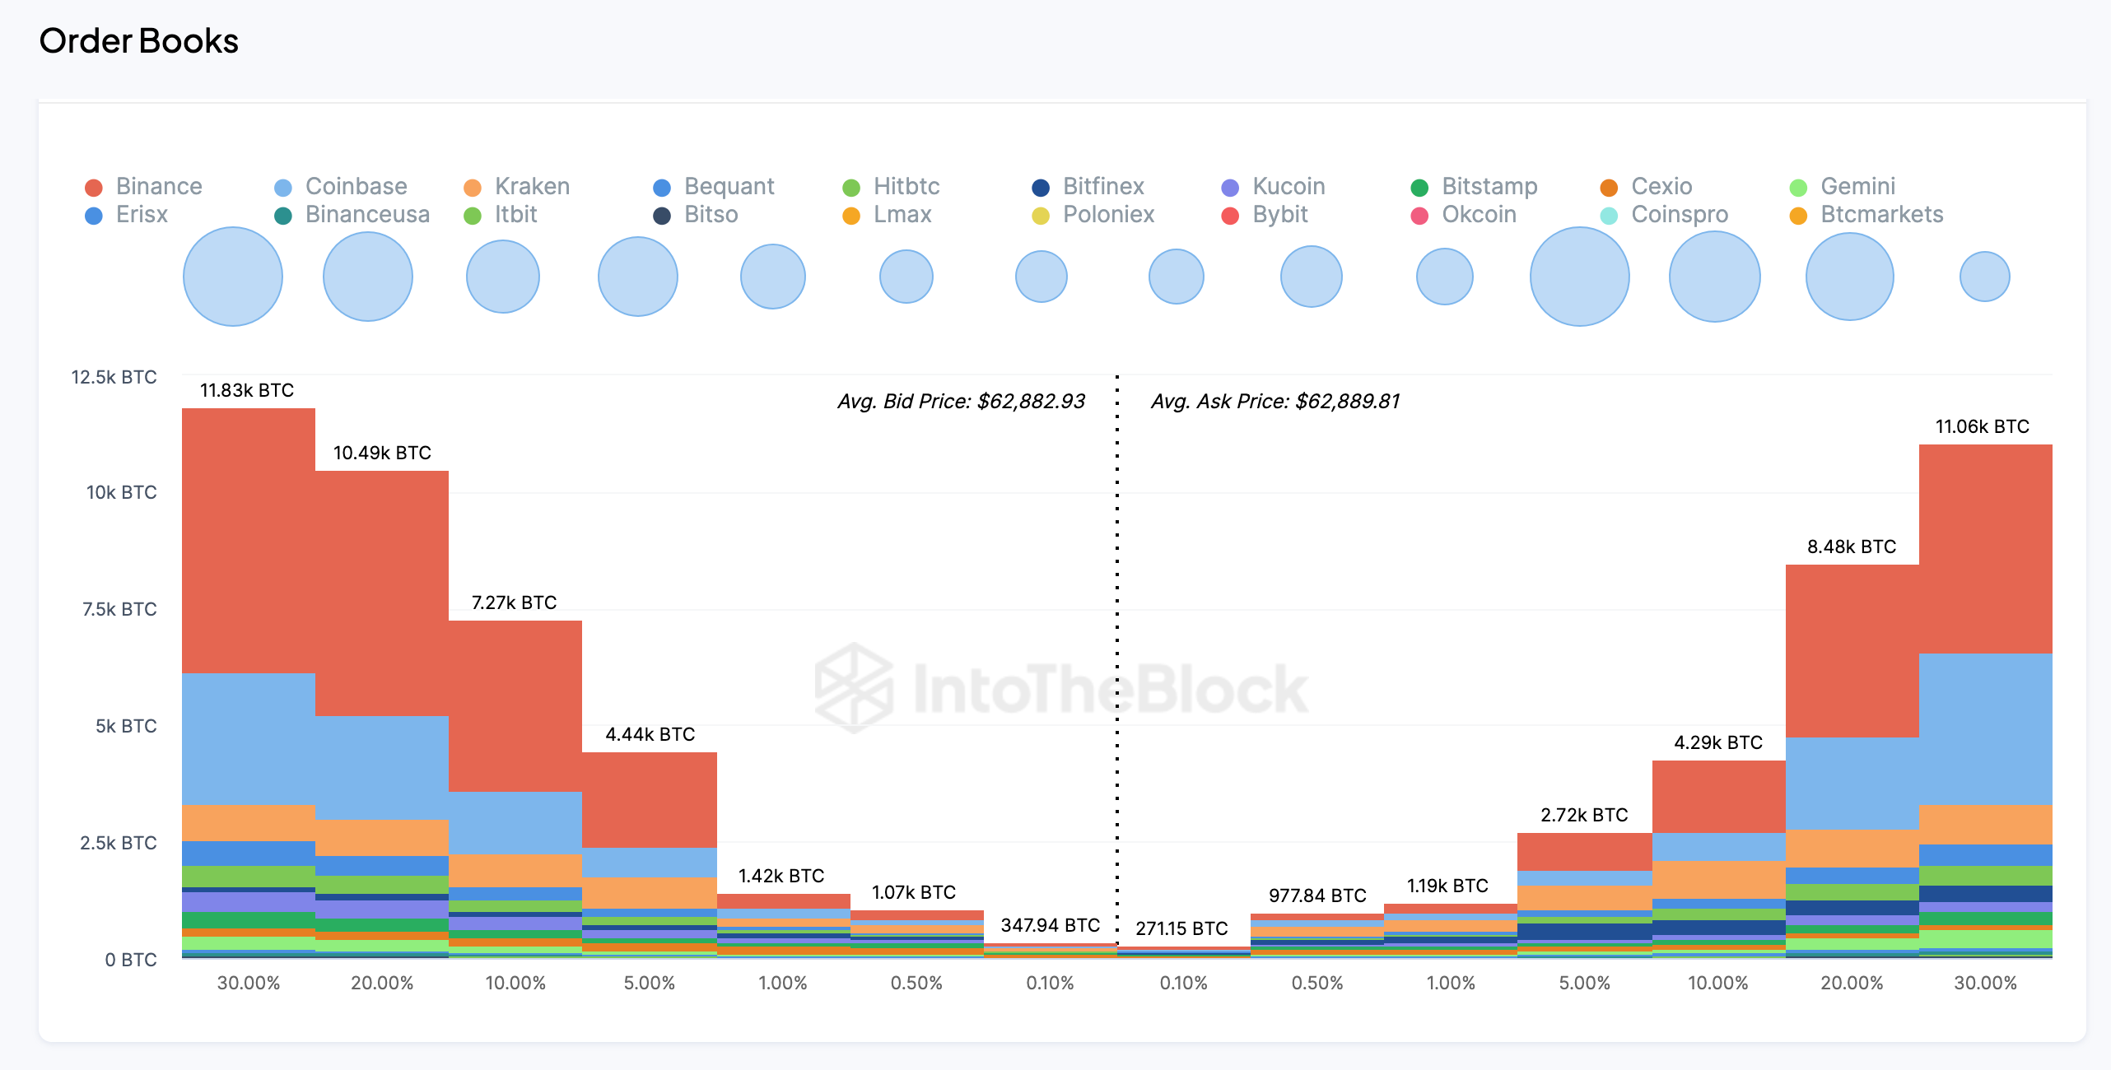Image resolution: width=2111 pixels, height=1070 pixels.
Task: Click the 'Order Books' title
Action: pyautogui.click(x=138, y=41)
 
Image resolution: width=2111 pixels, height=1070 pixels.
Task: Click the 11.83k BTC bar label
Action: pyautogui.click(x=247, y=390)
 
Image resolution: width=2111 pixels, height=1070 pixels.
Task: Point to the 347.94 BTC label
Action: pyautogui.click(x=1050, y=925)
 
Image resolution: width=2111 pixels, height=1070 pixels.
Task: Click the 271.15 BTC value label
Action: pyautogui.click(x=1181, y=928)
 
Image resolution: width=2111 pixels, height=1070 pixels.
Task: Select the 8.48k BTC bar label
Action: pyautogui.click(x=1852, y=547)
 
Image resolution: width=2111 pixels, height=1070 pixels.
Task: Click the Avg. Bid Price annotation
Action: pyautogui.click(x=961, y=402)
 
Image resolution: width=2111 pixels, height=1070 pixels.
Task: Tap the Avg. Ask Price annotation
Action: pyautogui.click(x=1275, y=402)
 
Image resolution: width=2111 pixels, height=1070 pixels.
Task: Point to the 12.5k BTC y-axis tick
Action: pyautogui.click(x=114, y=377)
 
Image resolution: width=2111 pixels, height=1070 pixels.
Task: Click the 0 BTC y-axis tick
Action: pyautogui.click(x=130, y=960)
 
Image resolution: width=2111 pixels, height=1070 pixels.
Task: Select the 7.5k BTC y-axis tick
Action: pyautogui.click(x=119, y=609)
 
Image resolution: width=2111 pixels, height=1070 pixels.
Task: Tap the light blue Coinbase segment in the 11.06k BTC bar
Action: pyautogui.click(x=1985, y=728)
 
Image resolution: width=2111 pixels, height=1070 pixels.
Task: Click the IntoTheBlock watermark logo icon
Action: pyautogui.click(x=854, y=688)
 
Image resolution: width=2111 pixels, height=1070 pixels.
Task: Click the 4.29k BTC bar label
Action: pyautogui.click(x=1718, y=742)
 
